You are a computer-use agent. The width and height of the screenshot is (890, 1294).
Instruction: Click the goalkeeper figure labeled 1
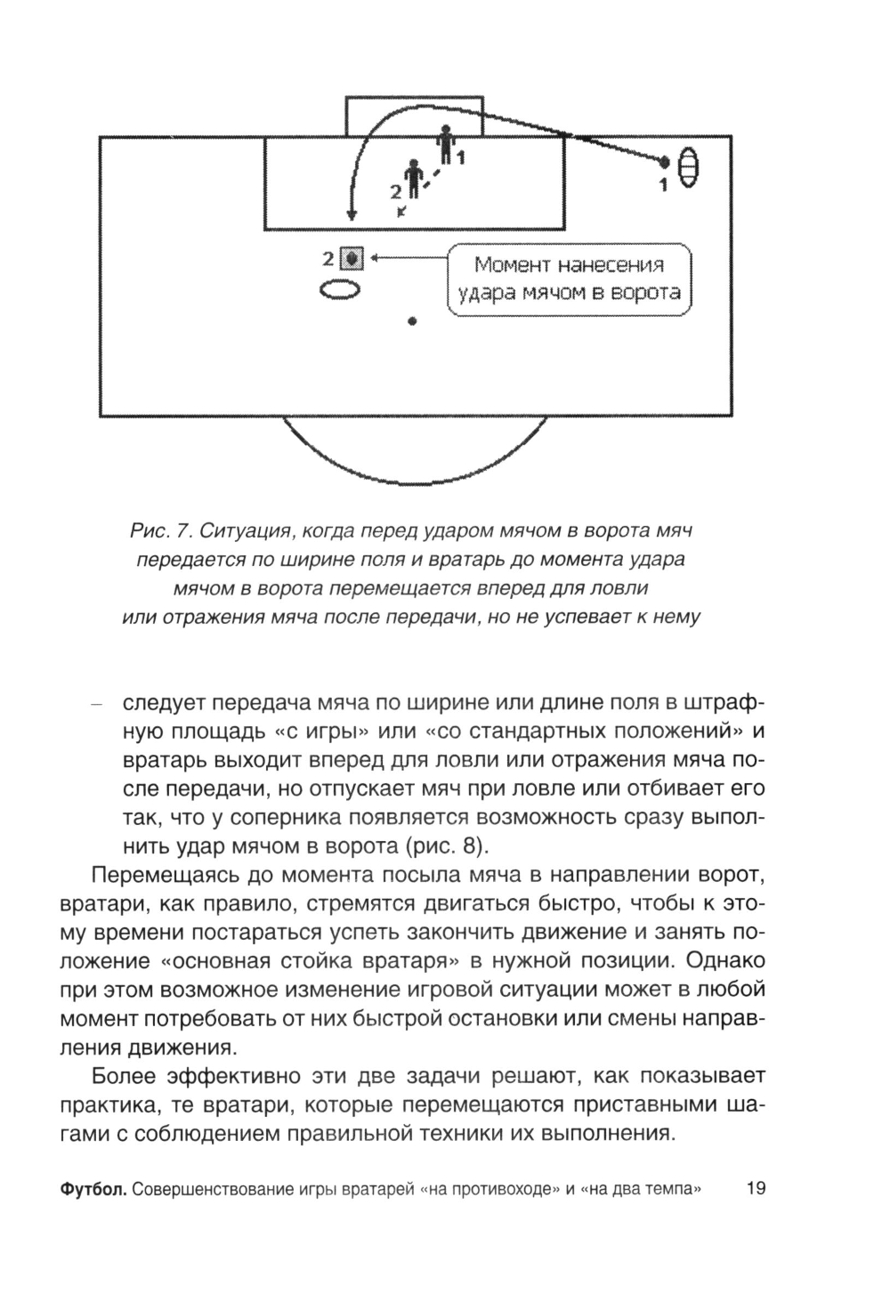(444, 145)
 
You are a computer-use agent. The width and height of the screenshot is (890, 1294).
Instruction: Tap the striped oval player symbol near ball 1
(691, 168)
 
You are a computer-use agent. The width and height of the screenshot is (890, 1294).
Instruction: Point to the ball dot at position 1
(664, 161)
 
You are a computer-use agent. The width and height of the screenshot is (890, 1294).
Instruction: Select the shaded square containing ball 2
(352, 258)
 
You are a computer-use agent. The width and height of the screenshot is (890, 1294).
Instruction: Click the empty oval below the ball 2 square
(339, 289)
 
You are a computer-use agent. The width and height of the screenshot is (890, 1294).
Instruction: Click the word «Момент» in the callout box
(510, 264)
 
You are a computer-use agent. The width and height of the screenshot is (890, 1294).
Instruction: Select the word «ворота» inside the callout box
(644, 292)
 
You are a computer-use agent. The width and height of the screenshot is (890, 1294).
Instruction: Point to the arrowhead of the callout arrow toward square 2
(374, 258)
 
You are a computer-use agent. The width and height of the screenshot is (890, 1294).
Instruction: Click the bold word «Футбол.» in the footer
(93, 1189)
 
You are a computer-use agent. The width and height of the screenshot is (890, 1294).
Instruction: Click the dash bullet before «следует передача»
(97, 704)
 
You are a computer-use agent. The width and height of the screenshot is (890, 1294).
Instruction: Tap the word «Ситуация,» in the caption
(245, 531)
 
